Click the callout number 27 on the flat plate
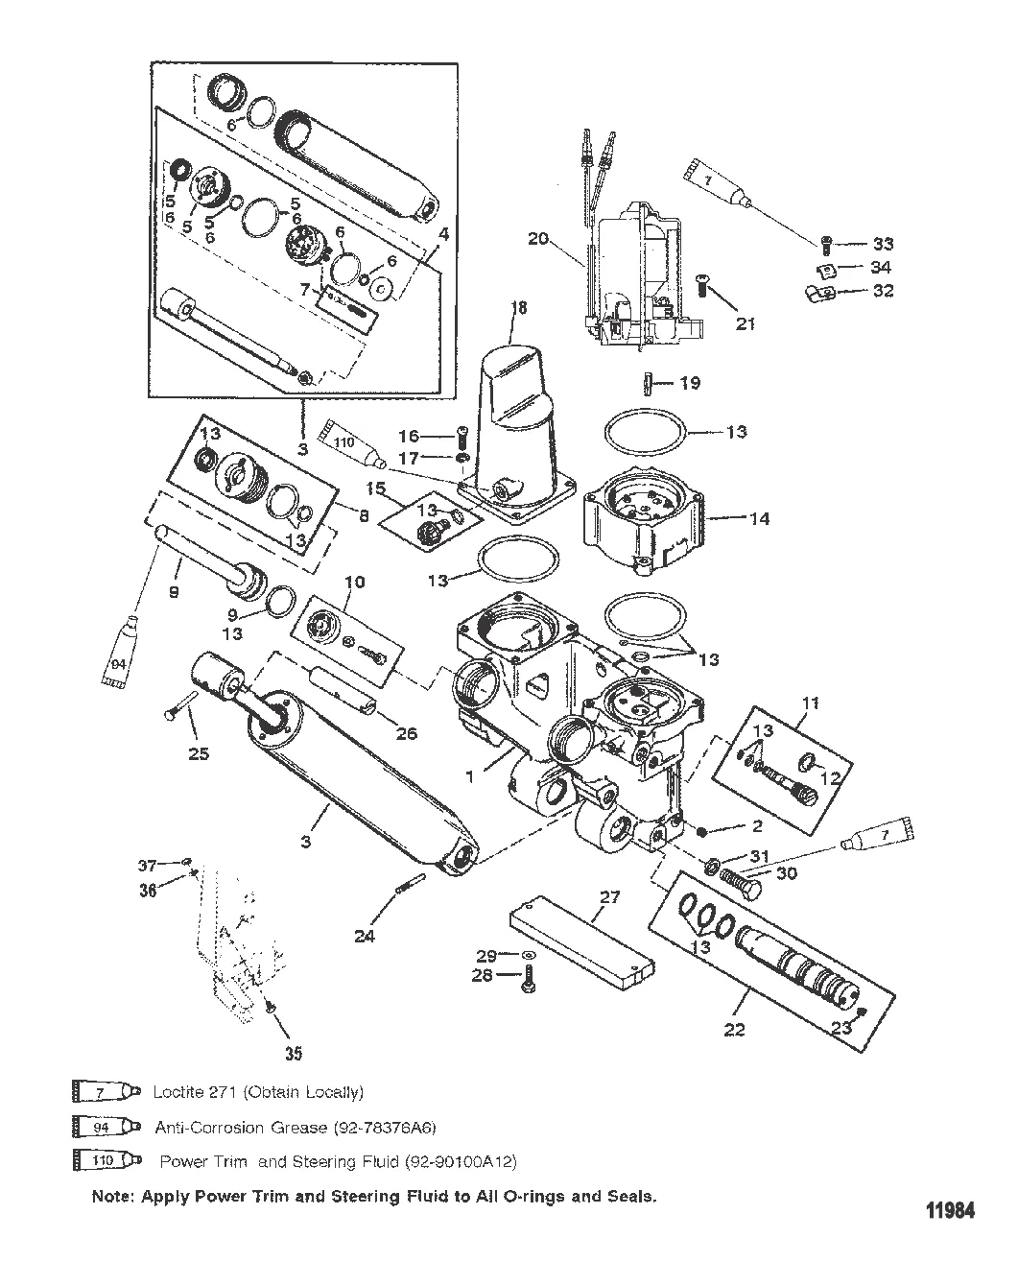(x=610, y=899)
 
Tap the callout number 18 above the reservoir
(x=520, y=308)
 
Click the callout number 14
(x=759, y=519)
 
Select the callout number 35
(x=293, y=1053)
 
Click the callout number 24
(x=365, y=936)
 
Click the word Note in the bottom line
(x=111, y=1197)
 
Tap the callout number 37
(x=147, y=866)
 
